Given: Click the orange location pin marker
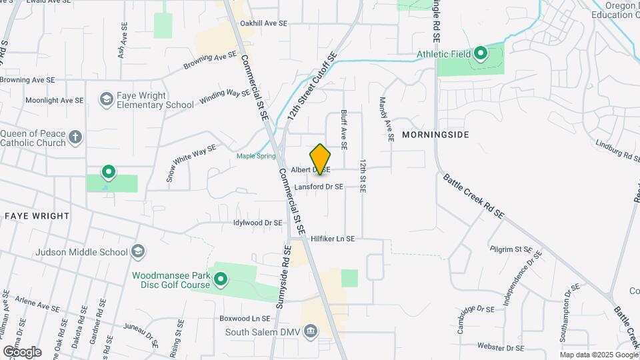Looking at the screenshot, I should pyautogui.click(x=321, y=159).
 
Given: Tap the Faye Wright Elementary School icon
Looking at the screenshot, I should pyautogui.click(x=105, y=100).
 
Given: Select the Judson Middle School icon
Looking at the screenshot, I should pyautogui.click(x=138, y=252).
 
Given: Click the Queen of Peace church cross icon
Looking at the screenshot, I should pyautogui.click(x=75, y=137).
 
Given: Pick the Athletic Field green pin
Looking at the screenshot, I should pyautogui.click(x=481, y=54).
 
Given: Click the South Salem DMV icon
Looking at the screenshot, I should pyautogui.click(x=310, y=331).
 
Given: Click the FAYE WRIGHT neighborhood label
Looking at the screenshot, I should pyautogui.click(x=37, y=216).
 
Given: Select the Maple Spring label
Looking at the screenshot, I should pyautogui.click(x=256, y=156).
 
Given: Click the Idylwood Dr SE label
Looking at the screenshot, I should pyautogui.click(x=258, y=223).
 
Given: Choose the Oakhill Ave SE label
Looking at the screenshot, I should pyautogui.click(x=263, y=23).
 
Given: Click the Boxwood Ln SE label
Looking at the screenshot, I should pyautogui.click(x=245, y=319).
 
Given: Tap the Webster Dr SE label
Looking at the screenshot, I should pyautogui.click(x=501, y=347).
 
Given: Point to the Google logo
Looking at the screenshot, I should pyautogui.click(x=21, y=352).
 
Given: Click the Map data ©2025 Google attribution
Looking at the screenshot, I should pyautogui.click(x=599, y=355).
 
